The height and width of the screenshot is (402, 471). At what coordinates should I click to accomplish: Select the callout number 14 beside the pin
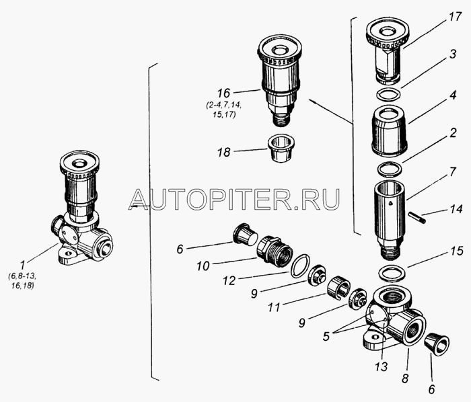456,209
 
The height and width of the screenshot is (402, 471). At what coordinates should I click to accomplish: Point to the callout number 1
26,264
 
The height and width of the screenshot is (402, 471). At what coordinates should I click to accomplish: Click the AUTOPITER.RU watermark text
235,198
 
